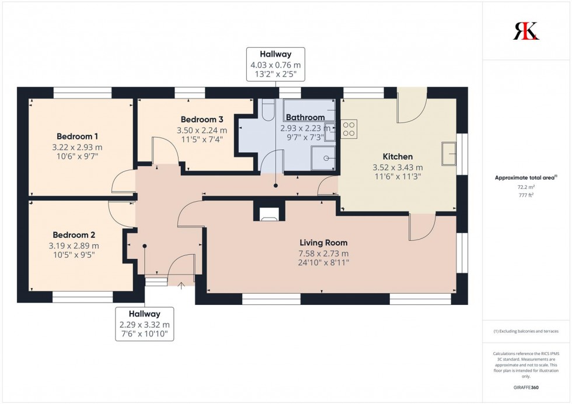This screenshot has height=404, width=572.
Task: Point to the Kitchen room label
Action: [397, 156]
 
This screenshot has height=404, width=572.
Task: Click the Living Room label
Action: [323, 243]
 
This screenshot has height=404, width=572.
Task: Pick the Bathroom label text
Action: [305, 117]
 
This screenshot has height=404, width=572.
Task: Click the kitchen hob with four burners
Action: [349, 128]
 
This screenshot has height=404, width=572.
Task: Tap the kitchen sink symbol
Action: [450, 153]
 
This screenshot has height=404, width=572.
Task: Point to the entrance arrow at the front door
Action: [181, 286]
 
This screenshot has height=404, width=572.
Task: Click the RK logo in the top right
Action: [526, 31]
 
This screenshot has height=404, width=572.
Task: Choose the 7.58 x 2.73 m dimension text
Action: [323, 254]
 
